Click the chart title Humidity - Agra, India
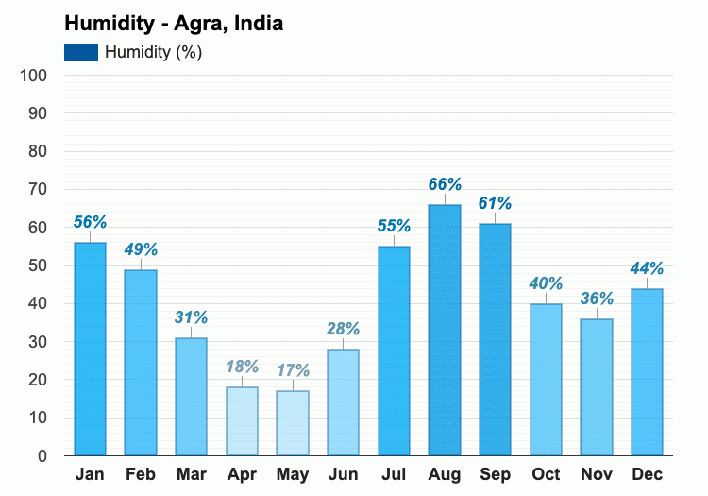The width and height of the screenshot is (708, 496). [x=174, y=24]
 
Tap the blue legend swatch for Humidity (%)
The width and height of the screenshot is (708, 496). [x=81, y=53]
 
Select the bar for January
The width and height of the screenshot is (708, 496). [x=90, y=349]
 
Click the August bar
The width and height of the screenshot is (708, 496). [x=445, y=330]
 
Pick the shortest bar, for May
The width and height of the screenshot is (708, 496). [x=293, y=423]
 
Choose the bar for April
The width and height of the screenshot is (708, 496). [x=242, y=421]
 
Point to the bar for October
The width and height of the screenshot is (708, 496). [x=546, y=379]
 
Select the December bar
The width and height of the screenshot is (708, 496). [x=647, y=371]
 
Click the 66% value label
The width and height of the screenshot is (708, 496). [x=445, y=184]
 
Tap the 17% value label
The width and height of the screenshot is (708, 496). [x=293, y=370]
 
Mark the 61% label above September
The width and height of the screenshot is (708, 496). [x=495, y=203]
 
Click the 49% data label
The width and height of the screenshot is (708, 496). [x=141, y=249]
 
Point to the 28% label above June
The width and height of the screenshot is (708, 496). [x=343, y=329]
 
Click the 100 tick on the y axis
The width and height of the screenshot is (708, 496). [x=33, y=76]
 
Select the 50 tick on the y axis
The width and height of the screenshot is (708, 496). [x=37, y=265]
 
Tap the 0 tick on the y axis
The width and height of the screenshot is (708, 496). [x=42, y=456]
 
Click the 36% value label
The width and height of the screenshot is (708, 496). [x=597, y=299]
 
